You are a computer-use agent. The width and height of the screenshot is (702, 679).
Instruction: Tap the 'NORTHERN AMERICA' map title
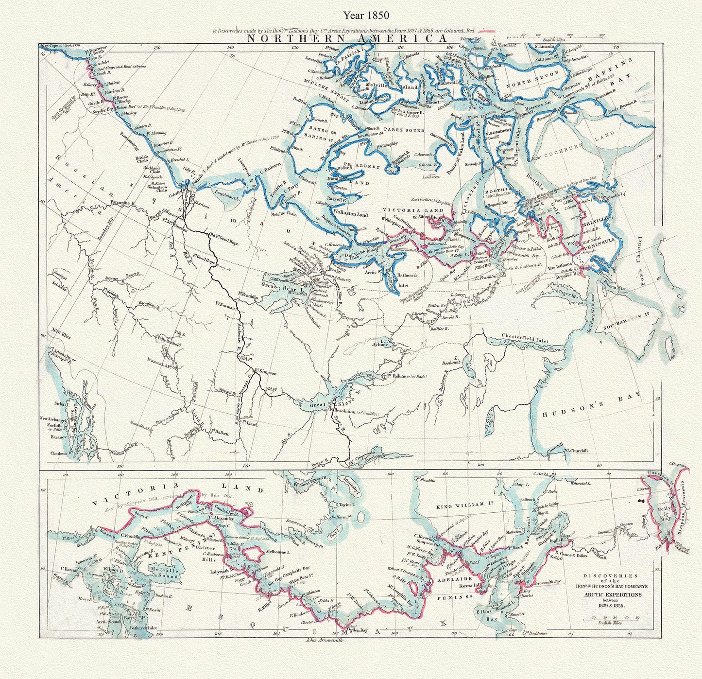(x=346, y=39)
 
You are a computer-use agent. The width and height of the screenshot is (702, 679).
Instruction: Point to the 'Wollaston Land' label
(x=338, y=213)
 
